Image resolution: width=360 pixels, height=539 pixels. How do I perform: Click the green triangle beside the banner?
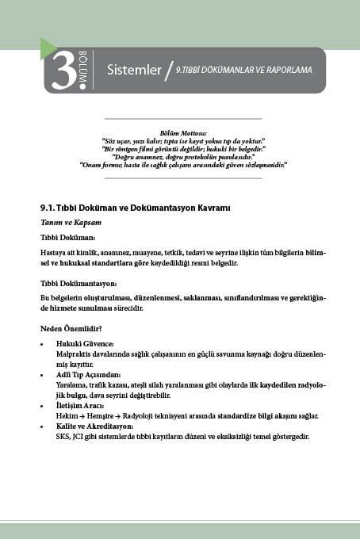click(x=47, y=49)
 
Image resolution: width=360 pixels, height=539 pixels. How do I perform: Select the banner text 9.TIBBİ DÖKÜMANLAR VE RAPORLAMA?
click(x=243, y=70)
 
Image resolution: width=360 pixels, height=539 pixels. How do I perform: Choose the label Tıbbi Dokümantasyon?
click(x=79, y=283)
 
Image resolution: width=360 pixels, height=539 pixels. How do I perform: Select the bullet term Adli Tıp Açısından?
click(x=88, y=373)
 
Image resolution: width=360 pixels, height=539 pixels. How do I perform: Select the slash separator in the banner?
click(x=168, y=71)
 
